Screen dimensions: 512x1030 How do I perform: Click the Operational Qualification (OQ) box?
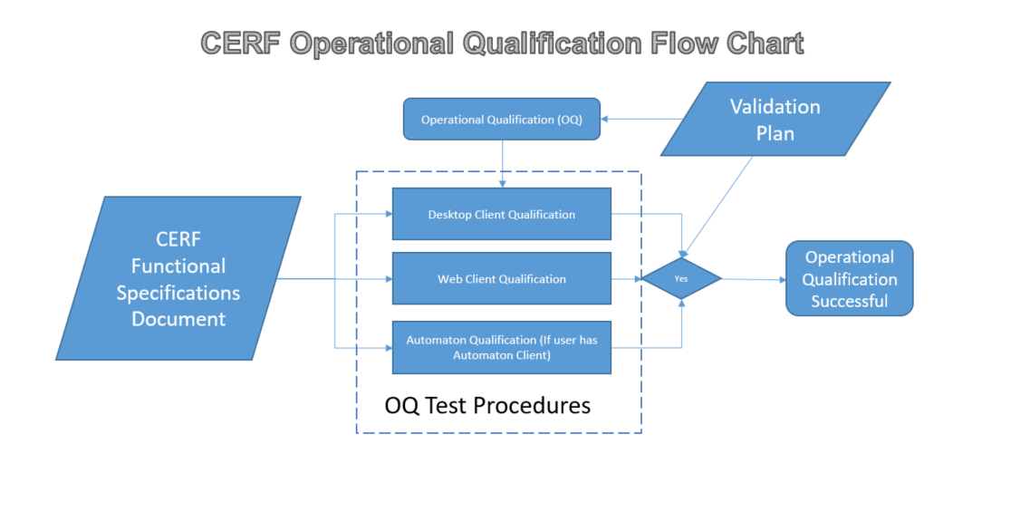[501, 119]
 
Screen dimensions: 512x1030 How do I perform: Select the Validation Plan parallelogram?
[775, 119]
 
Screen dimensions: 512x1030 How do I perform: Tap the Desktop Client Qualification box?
[501, 215]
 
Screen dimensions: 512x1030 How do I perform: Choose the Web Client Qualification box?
[501, 279]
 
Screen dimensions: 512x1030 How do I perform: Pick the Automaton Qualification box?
[501, 347]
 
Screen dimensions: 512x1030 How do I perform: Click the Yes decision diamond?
[681, 279]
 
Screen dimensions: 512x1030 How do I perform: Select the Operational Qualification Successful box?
[849, 278]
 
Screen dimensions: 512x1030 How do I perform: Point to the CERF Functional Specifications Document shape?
[178, 278]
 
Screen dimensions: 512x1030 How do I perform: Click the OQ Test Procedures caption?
[487, 405]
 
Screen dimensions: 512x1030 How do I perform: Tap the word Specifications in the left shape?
[178, 293]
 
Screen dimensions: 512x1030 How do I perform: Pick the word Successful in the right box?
[849, 301]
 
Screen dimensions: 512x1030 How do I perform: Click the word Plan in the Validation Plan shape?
[775, 133]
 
